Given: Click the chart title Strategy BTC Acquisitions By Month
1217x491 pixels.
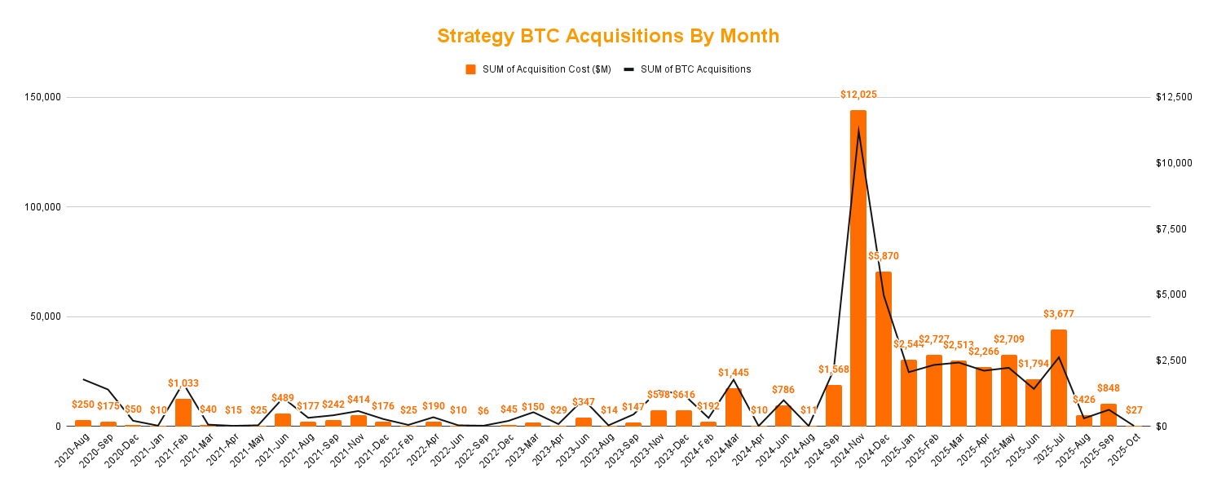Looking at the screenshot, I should pyautogui.click(x=608, y=36).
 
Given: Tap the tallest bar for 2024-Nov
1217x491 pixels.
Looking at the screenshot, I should pyautogui.click(x=858, y=269).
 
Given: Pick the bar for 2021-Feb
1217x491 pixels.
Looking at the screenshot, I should pyautogui.click(x=183, y=413).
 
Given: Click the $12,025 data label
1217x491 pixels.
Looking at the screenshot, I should pyautogui.click(x=858, y=95).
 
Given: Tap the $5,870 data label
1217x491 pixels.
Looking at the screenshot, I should pyautogui.click(x=884, y=256).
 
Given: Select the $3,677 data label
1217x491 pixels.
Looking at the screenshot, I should pyautogui.click(x=1059, y=314).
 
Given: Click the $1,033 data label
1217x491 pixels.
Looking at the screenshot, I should pyautogui.click(x=183, y=383).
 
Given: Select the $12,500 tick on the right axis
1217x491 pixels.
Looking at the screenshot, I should pyautogui.click(x=1174, y=97).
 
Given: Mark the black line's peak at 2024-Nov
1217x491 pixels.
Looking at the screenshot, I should pyautogui.click(x=858, y=130).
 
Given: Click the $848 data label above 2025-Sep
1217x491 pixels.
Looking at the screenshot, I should pyautogui.click(x=1109, y=388).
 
